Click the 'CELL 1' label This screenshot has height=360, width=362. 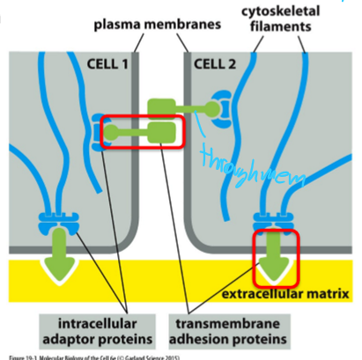coord(107,63)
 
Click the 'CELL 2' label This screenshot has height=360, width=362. coord(213,63)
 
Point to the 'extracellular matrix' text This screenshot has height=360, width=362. coord(285,292)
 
